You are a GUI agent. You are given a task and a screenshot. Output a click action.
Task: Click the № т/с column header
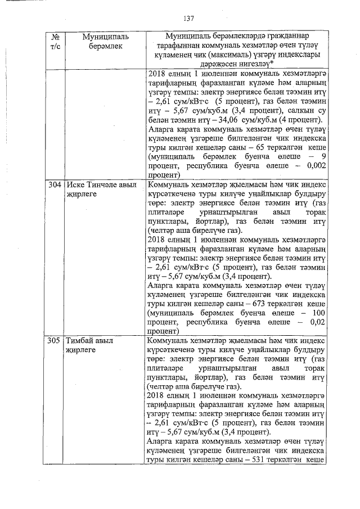click(55, 41)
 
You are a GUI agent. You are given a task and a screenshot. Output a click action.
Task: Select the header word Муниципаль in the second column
click(106, 36)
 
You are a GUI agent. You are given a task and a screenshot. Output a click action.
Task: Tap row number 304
click(55, 184)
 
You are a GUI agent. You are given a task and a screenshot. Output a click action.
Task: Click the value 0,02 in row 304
click(318, 322)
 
